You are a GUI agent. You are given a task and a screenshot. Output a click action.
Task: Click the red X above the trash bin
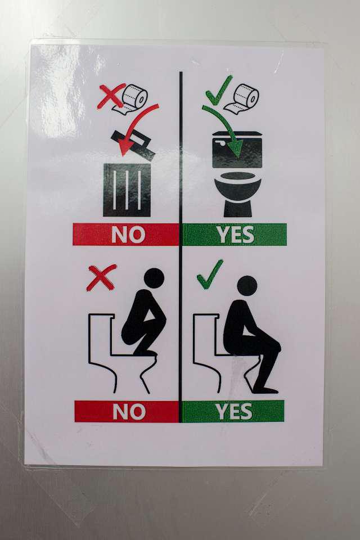tap(111, 96)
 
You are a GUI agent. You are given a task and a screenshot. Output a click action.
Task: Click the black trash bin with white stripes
tap(127, 190)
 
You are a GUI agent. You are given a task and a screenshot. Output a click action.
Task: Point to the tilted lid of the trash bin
tap(133, 144)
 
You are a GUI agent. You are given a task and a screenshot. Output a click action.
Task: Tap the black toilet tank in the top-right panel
tap(237, 150)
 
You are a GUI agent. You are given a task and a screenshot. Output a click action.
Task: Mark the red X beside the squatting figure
tap(102, 277)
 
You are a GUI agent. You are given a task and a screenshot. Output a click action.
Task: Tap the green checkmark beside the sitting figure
tap(210, 274)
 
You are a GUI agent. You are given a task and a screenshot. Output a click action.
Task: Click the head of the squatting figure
tap(154, 277)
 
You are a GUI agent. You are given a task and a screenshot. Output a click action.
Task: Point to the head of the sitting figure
tap(247, 286)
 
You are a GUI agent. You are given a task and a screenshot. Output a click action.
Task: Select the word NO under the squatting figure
tap(129, 411)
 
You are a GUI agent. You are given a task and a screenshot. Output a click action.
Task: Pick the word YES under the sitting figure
tap(233, 411)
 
